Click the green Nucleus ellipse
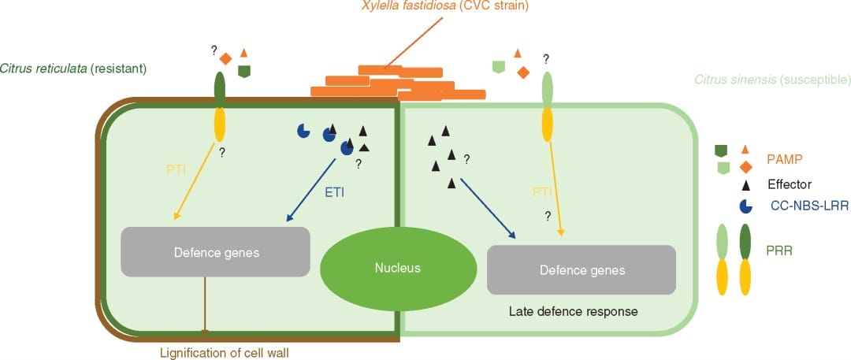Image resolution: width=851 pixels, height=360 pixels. [x=397, y=268]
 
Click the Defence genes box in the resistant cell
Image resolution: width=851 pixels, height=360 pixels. [x=214, y=252]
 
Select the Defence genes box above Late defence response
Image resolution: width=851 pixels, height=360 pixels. [x=582, y=270]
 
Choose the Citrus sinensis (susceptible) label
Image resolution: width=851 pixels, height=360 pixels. [x=771, y=80]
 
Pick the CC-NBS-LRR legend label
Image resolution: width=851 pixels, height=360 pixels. [x=803, y=206]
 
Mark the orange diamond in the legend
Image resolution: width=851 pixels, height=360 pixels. [x=745, y=165]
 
